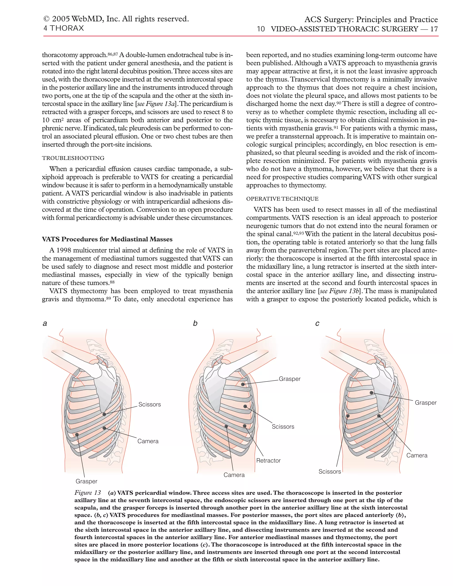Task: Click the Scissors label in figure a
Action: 150,404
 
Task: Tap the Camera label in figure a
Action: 148,441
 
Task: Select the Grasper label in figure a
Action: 86,481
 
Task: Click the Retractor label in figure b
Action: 268,460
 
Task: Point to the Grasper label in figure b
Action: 290,379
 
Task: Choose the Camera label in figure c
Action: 417,455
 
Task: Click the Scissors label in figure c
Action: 330,471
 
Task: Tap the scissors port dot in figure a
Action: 104,414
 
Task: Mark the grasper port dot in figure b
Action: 243,384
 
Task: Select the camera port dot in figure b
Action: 226,426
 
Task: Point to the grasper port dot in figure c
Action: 371,393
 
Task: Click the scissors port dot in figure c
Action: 348,416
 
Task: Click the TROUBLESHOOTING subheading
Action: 73,158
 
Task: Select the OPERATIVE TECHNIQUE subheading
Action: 282,199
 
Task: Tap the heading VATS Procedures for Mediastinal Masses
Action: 107,239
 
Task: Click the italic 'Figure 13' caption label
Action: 88,493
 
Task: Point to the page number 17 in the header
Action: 434,29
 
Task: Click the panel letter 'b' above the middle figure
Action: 195,323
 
